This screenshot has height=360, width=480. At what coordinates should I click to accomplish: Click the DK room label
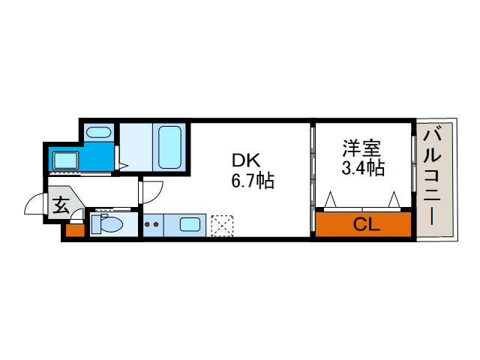coord(246,160)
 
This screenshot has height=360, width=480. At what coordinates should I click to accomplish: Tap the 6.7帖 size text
coord(253,181)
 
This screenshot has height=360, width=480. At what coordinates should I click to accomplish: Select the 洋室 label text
coord(361,148)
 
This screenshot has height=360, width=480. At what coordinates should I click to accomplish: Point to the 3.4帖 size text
coord(363,167)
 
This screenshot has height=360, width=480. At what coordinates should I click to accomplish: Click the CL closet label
coord(367,224)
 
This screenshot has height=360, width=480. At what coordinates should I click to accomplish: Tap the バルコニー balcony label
coord(432,177)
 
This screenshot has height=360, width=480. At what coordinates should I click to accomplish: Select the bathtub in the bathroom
coord(169,147)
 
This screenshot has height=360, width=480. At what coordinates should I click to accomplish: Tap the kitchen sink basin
coord(190,225)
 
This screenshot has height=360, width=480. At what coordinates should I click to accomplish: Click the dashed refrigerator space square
coord(222,226)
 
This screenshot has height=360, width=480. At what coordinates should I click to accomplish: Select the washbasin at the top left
coord(98,133)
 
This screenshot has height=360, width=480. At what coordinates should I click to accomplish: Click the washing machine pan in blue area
coord(66,160)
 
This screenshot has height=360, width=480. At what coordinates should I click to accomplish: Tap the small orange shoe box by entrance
coord(75,230)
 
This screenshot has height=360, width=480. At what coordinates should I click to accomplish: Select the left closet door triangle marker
coord(330,199)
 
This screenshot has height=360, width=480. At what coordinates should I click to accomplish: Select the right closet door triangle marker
coord(394,199)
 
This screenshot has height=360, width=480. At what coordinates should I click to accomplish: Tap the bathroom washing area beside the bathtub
coord(136,147)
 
